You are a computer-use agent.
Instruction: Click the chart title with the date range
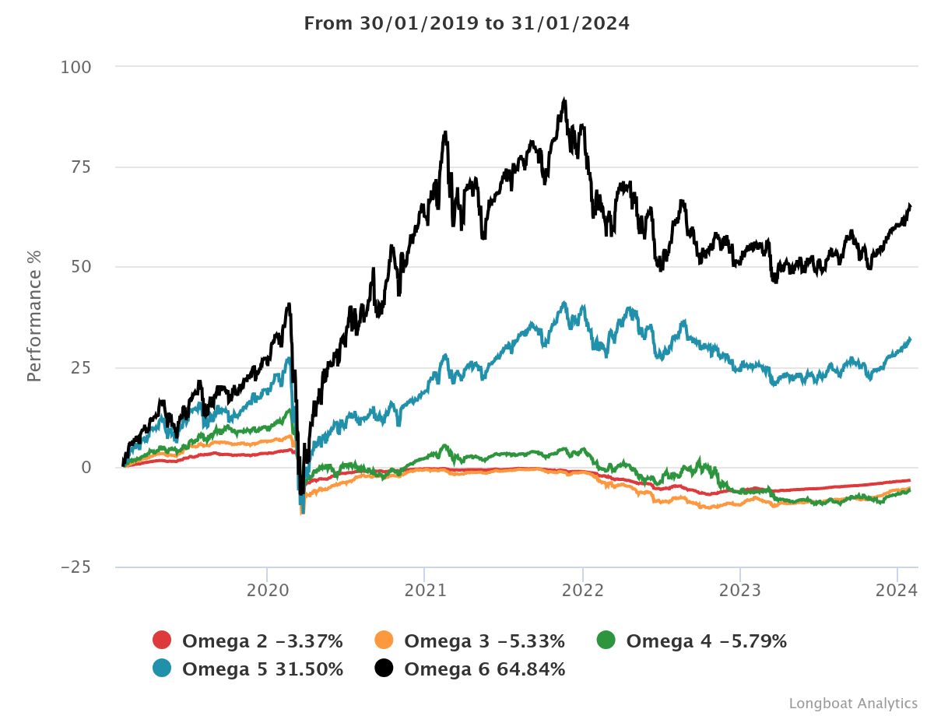(466, 23)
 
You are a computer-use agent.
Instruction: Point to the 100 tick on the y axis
(76, 68)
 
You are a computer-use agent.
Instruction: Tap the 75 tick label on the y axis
(81, 167)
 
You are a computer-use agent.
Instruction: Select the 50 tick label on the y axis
(81, 267)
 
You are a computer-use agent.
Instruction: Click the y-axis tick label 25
(81, 367)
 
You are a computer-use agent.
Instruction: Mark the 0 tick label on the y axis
(86, 467)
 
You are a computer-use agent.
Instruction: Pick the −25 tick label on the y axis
(75, 567)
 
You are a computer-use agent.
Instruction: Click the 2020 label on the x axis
(267, 591)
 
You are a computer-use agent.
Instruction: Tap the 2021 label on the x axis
(424, 591)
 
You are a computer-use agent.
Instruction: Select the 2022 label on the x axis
(582, 591)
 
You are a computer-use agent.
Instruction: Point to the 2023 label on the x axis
(740, 591)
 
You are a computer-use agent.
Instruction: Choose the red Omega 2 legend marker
(162, 641)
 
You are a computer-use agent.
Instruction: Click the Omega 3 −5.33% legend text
(484, 641)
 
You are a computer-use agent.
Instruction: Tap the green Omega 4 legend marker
(606, 641)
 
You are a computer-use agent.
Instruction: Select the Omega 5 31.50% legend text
(262, 669)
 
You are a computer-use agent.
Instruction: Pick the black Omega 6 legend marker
(384, 669)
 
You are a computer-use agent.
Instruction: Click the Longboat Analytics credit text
(852, 703)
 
